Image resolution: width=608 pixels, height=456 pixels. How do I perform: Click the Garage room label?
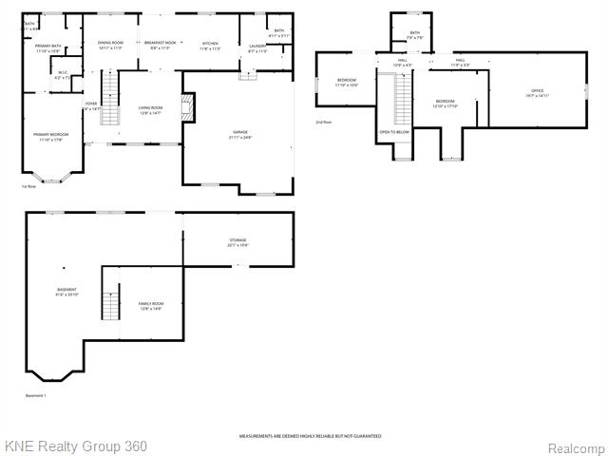(238, 135)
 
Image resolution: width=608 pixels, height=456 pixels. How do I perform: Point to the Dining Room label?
(110, 45)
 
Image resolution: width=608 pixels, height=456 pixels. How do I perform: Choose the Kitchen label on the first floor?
(210, 45)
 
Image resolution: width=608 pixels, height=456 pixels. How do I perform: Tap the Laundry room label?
(256, 47)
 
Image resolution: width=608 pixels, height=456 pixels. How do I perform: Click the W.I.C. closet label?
(63, 75)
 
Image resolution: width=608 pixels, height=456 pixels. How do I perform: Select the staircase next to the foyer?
(110, 103)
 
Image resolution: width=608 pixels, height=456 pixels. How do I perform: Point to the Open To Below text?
(393, 132)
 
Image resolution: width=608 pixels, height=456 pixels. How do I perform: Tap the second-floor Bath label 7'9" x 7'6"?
(414, 35)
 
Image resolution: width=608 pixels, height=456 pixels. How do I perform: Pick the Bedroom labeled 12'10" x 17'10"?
(446, 104)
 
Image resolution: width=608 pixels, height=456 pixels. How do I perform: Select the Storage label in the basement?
(237, 242)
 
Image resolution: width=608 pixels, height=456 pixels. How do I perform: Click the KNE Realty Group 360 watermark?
(76, 446)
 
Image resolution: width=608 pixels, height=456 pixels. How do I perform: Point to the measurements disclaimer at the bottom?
(310, 436)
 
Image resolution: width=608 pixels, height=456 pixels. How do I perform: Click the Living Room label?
(150, 110)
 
